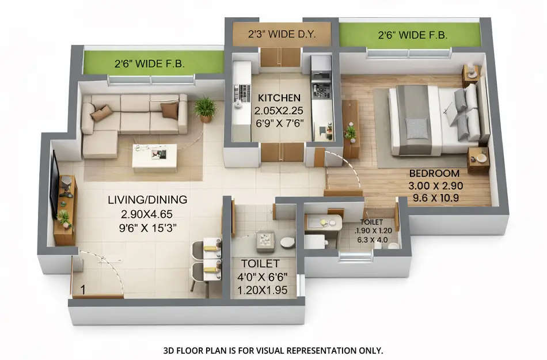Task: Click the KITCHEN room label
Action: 279,97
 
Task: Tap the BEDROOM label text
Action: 434,173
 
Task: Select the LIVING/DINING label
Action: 147,200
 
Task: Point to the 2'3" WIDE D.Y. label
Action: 282,34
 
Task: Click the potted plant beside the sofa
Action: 205,108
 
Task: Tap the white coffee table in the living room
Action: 154,157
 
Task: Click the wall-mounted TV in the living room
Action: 54,183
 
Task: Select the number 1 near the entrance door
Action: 82,290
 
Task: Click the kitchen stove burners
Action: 321,90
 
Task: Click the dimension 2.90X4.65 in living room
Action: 147,214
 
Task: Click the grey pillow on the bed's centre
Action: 417,128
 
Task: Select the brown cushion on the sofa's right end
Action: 169,109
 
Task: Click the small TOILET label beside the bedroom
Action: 371,222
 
